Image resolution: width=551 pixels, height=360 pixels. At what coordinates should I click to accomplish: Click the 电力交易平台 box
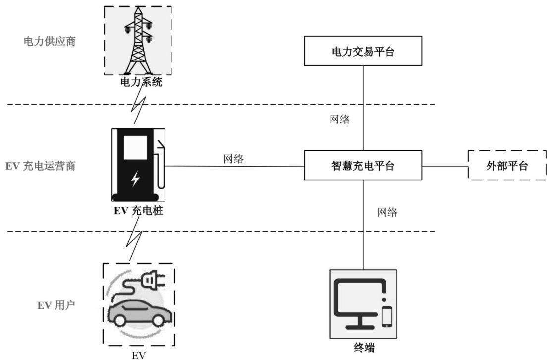click(363, 51)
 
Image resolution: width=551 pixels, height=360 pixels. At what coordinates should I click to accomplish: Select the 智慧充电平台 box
click(363, 165)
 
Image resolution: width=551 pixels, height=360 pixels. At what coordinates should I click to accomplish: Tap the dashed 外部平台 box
click(507, 165)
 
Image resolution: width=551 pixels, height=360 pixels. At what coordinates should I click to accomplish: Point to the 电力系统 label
click(141, 82)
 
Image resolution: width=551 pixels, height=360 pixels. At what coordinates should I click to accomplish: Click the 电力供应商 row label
click(50, 42)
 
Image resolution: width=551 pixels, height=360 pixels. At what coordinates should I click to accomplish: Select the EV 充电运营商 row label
click(41, 166)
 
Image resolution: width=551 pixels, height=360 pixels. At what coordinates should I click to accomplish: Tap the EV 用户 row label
click(56, 305)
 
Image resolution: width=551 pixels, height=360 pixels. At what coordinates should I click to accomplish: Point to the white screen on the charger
click(135, 148)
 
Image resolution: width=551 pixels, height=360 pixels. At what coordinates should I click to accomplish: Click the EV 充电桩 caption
click(138, 211)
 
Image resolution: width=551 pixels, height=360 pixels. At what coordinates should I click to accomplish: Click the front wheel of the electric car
click(120, 320)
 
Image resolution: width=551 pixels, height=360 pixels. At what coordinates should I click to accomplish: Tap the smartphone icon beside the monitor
click(387, 317)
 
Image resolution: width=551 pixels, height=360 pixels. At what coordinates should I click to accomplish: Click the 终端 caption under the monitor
click(364, 348)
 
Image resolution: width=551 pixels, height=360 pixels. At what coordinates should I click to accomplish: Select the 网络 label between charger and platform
click(234, 159)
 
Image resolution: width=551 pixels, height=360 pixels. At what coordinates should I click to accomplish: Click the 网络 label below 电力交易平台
click(340, 119)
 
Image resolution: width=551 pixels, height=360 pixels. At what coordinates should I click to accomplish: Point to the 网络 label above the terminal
click(387, 212)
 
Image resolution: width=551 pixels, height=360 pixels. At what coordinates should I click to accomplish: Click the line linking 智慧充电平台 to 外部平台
click(445, 166)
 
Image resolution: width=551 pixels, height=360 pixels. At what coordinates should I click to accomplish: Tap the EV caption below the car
click(138, 355)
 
